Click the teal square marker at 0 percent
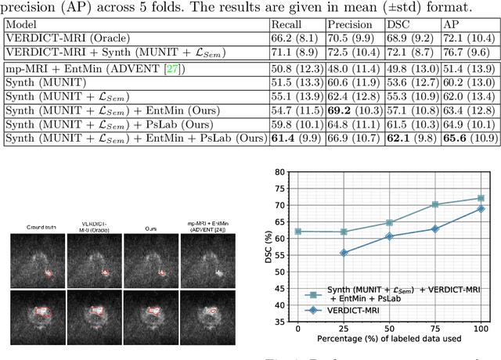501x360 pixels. (297, 232)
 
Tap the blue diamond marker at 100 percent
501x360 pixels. (481, 209)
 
